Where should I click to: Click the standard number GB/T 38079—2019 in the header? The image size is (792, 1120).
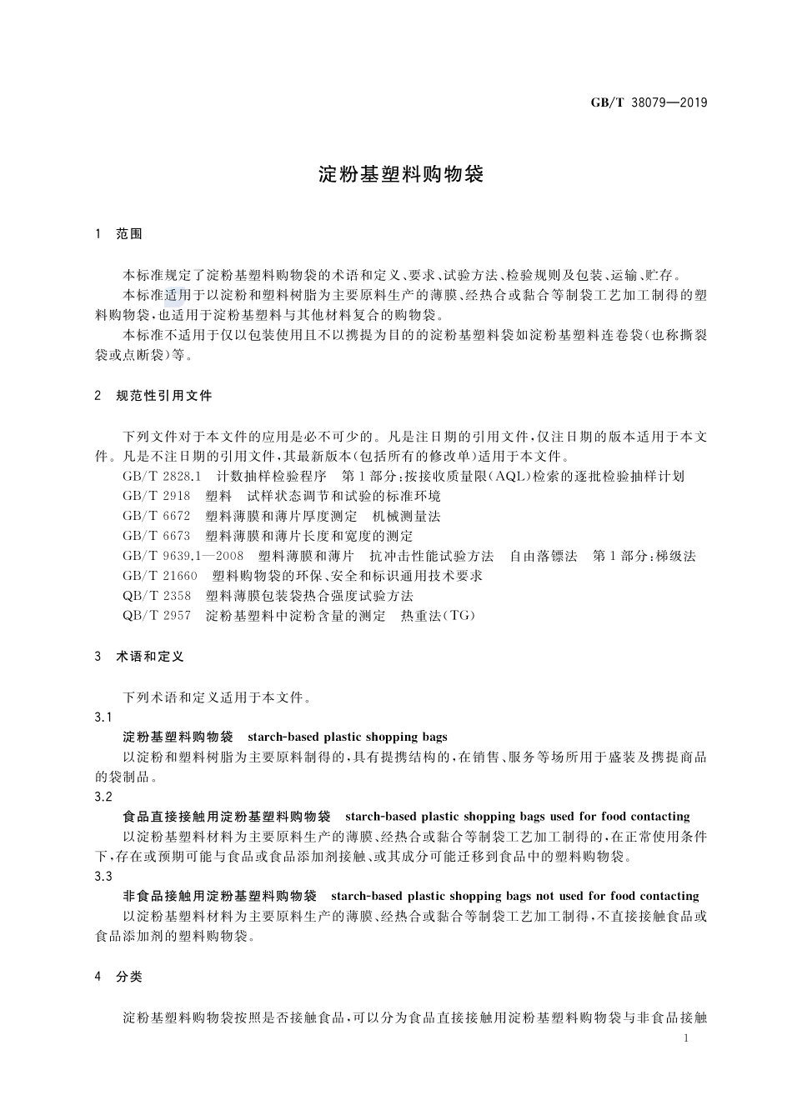click(649, 102)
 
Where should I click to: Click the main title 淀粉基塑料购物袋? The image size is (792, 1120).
click(401, 174)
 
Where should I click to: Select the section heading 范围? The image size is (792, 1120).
click(129, 234)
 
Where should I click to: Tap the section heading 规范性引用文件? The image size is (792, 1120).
click(164, 396)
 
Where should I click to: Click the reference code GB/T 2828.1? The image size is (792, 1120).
click(163, 477)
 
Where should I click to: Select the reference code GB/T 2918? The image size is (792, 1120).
click(157, 497)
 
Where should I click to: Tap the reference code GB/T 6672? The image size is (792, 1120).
click(157, 517)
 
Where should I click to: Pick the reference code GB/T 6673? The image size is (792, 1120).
click(157, 536)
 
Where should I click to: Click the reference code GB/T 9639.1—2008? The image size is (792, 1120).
click(183, 556)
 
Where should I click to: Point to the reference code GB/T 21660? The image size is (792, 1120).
click(160, 576)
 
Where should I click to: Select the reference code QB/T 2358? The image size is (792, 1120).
click(157, 596)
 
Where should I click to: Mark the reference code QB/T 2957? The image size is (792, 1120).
click(157, 616)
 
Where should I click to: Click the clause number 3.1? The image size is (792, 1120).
click(103, 717)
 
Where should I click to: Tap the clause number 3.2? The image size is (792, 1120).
click(103, 797)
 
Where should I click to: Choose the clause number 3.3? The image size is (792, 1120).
click(103, 877)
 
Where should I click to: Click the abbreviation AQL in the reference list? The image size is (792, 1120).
click(498, 477)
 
